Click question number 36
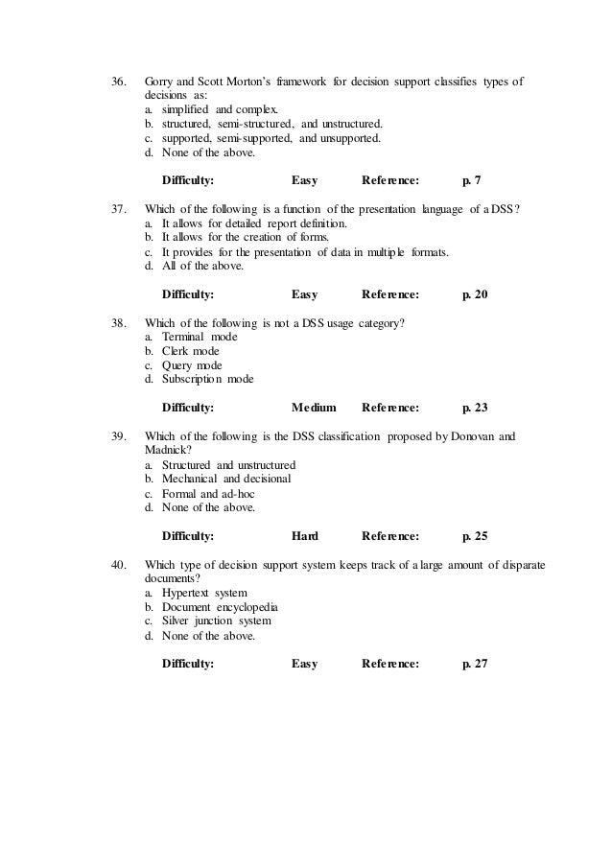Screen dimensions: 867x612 point(119,82)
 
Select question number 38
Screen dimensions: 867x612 point(119,322)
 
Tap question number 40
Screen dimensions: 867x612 point(119,566)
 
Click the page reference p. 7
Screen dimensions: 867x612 point(471,179)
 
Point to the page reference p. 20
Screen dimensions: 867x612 point(475,294)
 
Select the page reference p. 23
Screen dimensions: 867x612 point(475,408)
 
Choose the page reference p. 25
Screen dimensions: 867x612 point(475,535)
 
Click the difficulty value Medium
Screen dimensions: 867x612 point(314,408)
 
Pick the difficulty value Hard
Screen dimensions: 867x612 point(304,535)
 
